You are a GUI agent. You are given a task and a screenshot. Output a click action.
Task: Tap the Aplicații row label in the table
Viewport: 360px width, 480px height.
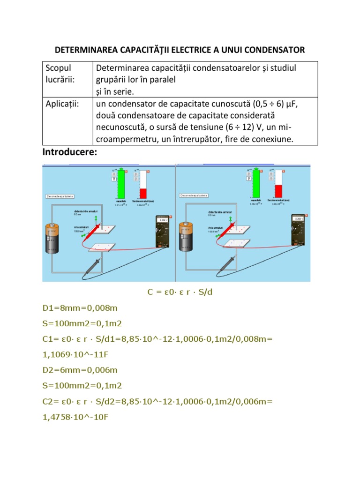(x=62, y=104)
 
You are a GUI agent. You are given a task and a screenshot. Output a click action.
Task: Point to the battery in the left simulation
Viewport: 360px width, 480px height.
(x=52, y=239)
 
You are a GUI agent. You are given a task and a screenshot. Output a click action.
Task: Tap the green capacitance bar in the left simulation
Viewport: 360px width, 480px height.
(x=121, y=183)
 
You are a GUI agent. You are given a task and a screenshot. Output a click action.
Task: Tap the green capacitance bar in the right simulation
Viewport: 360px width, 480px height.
(x=256, y=183)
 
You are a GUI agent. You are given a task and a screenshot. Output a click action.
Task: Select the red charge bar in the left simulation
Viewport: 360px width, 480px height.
(x=143, y=193)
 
